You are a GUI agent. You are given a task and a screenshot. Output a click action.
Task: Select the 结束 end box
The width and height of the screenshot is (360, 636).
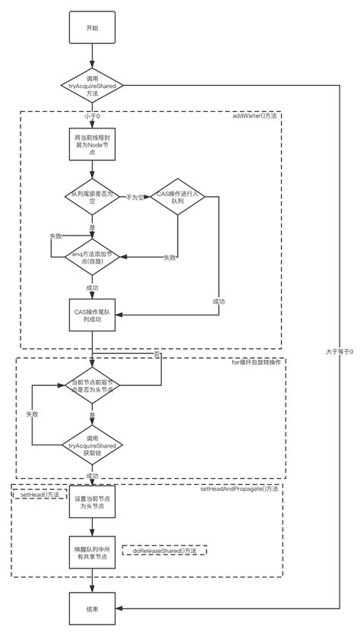pos(91,609)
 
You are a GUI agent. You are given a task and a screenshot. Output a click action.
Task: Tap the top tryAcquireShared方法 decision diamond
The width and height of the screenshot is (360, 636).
pos(91,87)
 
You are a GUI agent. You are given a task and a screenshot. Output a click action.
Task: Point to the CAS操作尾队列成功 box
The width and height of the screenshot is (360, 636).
pos(91,315)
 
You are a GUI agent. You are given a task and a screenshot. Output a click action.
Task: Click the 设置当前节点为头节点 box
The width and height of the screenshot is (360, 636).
pos(91,503)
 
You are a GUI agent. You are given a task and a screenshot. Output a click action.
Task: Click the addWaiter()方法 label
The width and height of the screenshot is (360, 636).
pos(256,117)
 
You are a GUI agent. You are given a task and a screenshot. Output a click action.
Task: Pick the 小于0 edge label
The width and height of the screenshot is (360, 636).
pos(93,117)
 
